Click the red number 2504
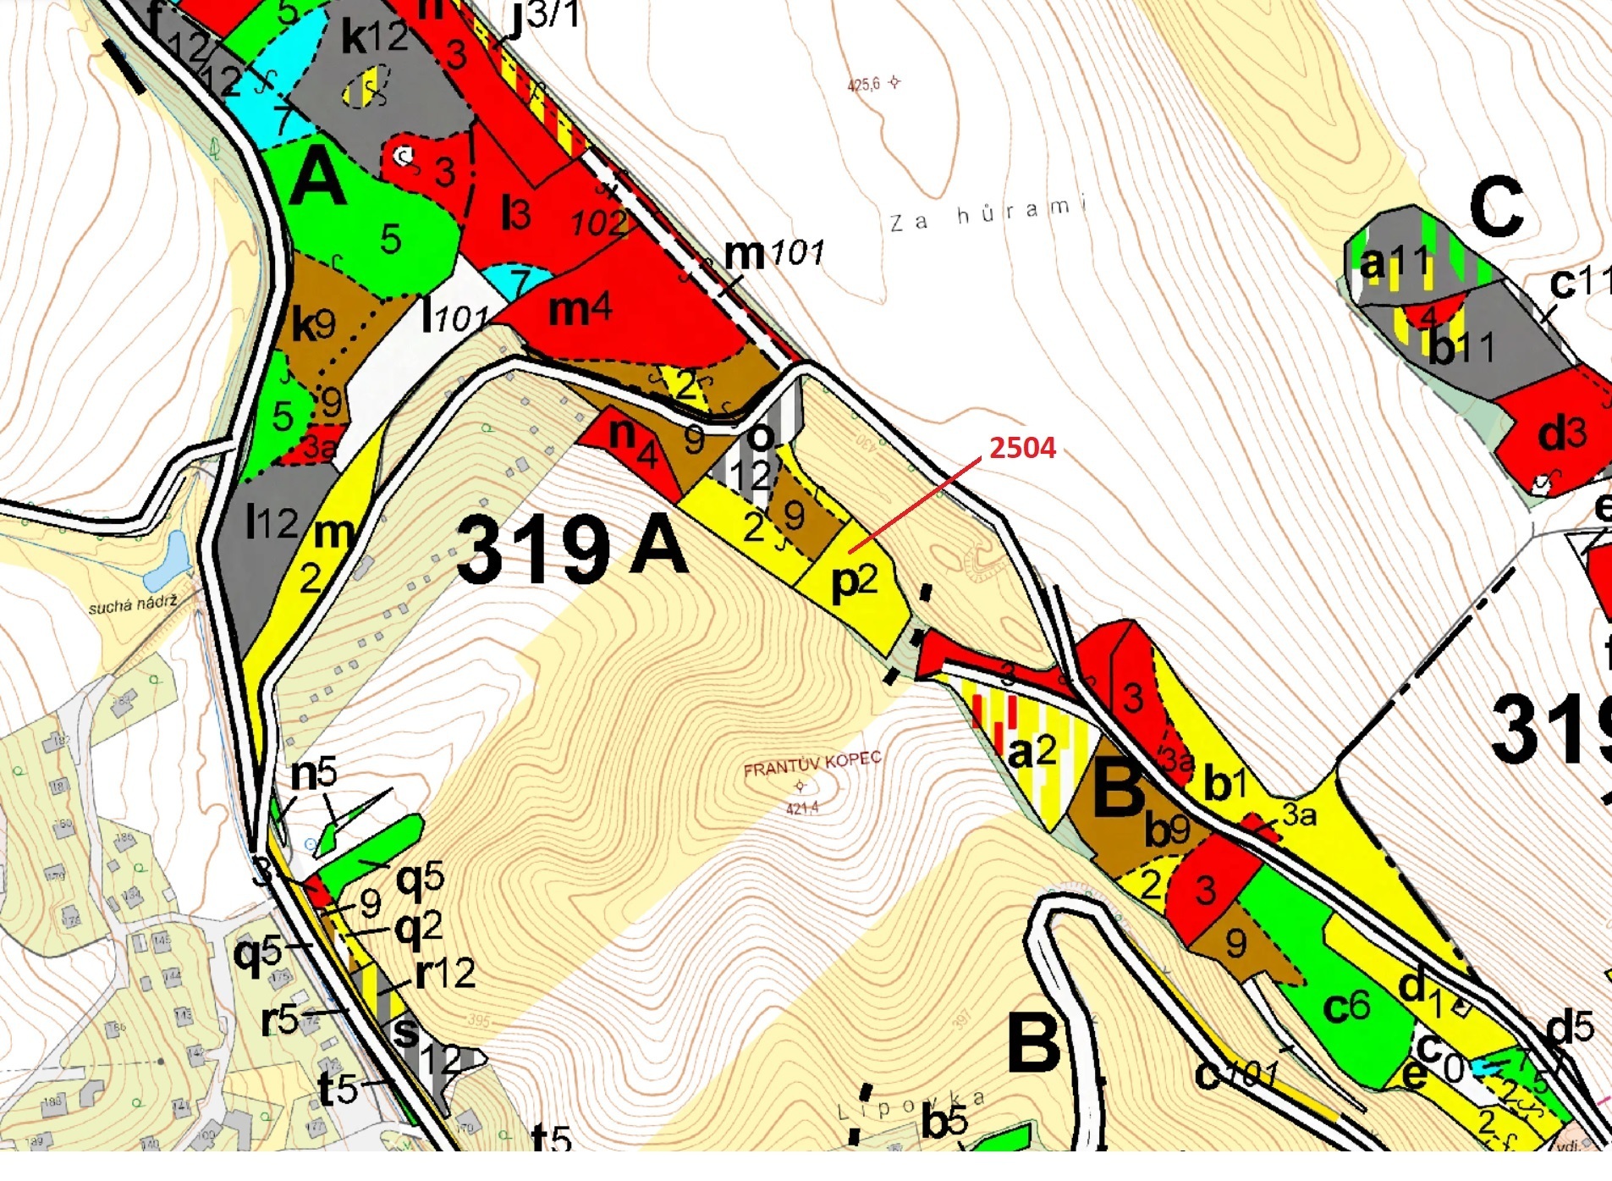click(1022, 447)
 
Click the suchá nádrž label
click(133, 604)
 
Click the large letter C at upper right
click(1496, 208)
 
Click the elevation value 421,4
click(801, 808)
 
